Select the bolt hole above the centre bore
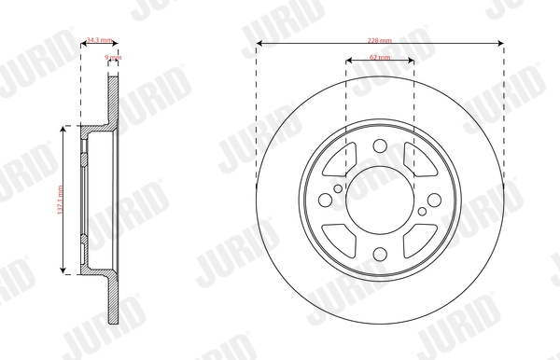[380, 145]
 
